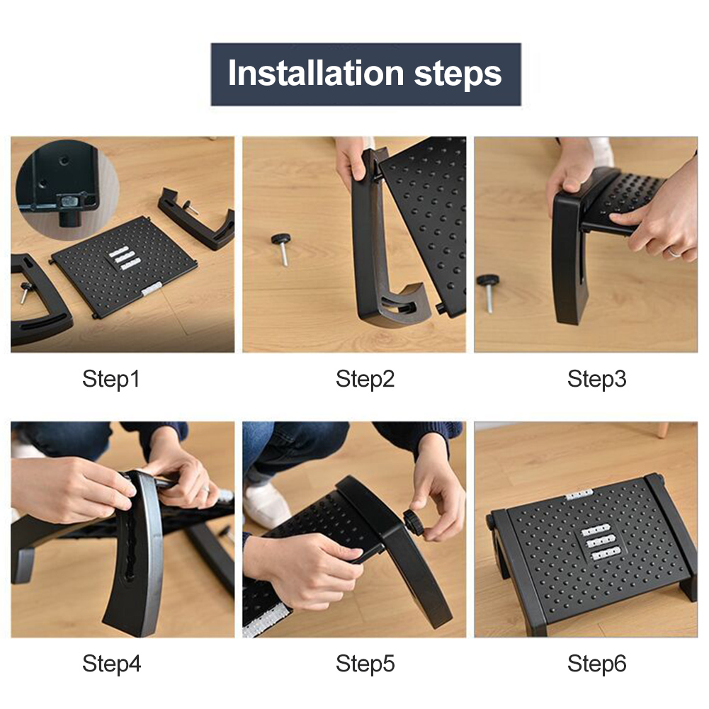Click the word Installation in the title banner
(316, 73)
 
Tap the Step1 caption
(111, 378)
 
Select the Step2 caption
(365, 378)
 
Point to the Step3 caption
(597, 378)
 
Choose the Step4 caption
(111, 664)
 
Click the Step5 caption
(365, 664)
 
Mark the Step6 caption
(597, 664)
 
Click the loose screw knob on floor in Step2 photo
(282, 248)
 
